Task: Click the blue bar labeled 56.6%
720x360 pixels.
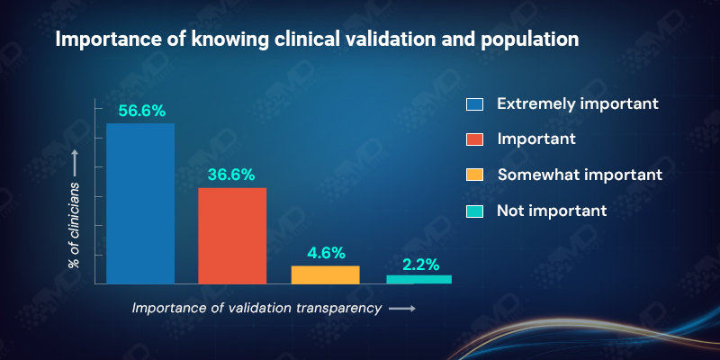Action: (x=140, y=203)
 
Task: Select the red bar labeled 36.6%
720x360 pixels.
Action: (x=232, y=236)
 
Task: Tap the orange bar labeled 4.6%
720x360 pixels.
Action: (x=325, y=274)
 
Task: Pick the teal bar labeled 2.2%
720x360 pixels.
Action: (x=418, y=279)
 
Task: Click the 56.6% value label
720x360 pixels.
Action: (x=140, y=110)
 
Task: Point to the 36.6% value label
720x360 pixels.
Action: (x=232, y=174)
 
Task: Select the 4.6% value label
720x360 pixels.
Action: (x=325, y=253)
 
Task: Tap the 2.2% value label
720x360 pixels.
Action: (x=418, y=264)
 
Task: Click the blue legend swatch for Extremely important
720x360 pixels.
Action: (x=475, y=103)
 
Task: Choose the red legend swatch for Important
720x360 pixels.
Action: (x=475, y=139)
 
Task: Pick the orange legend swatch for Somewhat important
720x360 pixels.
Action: (x=475, y=175)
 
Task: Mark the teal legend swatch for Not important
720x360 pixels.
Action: (x=475, y=211)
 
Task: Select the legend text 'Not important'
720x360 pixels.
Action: (x=552, y=211)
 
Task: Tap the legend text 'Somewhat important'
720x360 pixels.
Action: (x=580, y=175)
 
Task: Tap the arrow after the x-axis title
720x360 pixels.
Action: (x=402, y=309)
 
